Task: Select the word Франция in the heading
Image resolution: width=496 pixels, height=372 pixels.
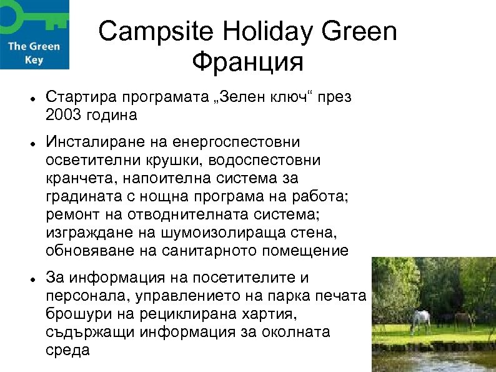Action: click(x=247, y=63)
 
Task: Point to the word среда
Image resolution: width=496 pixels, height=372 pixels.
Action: click(x=68, y=350)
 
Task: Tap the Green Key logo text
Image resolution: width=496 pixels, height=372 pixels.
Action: click(x=34, y=53)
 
